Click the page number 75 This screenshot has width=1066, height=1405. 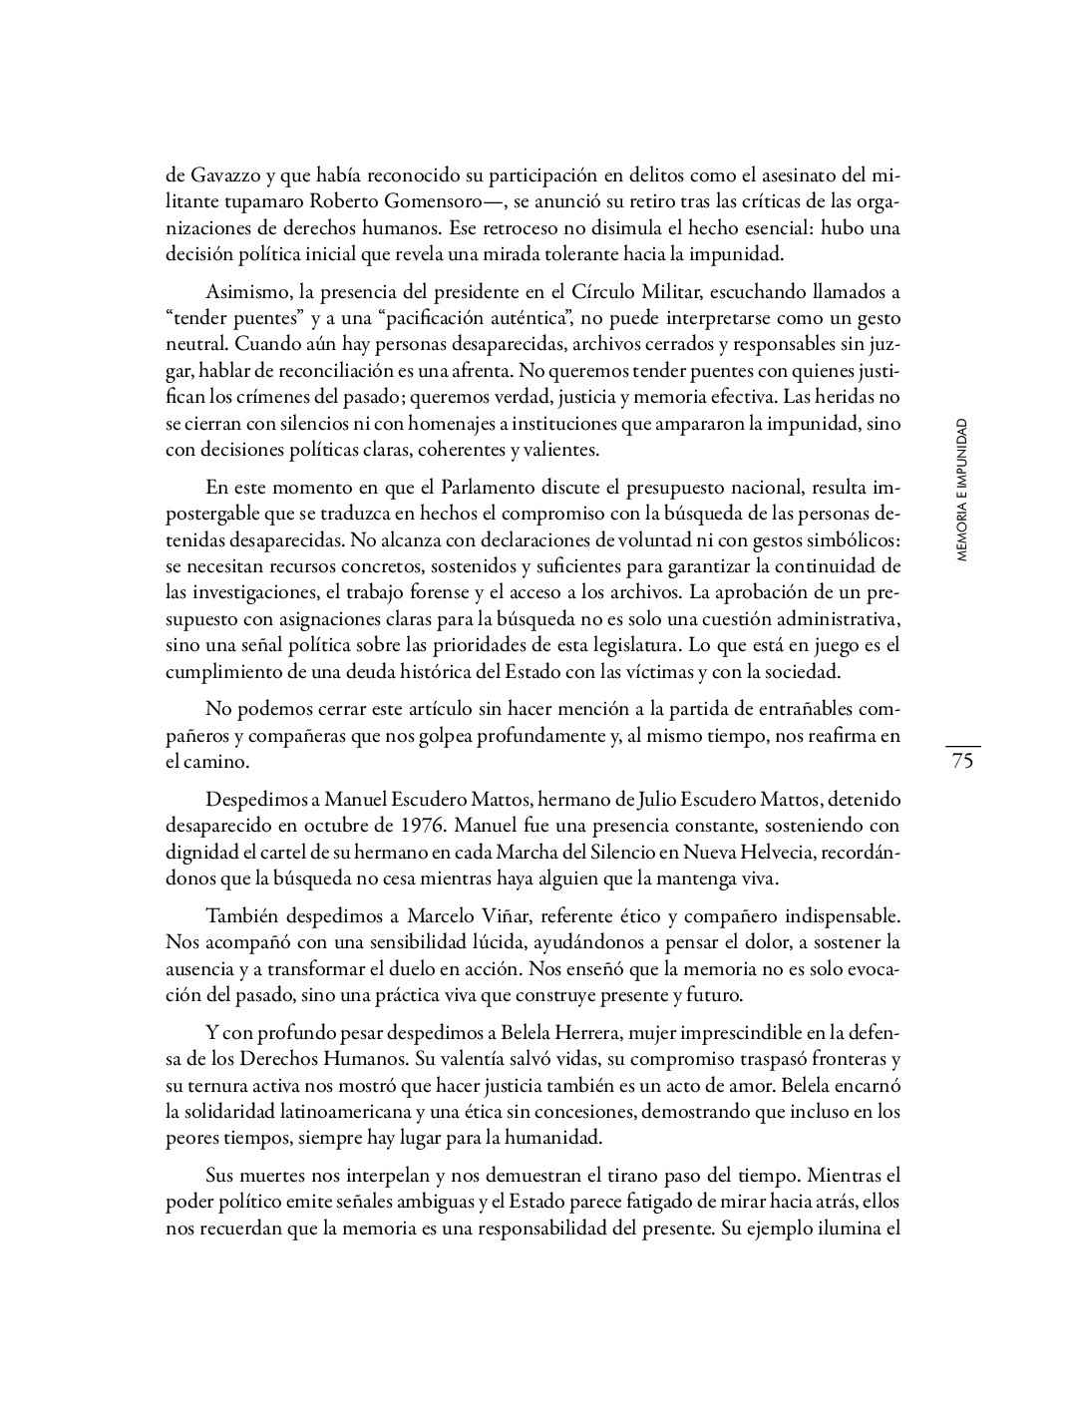coord(962,762)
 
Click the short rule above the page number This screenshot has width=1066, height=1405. coord(962,745)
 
